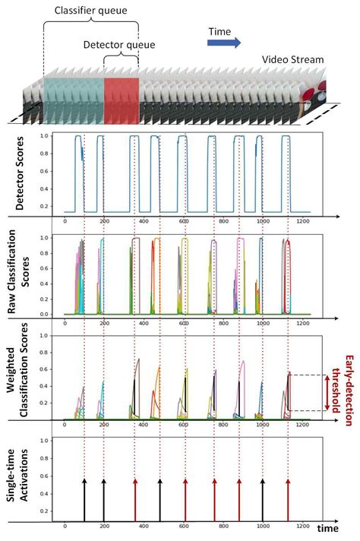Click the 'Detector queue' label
(119, 46)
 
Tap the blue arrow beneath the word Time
(225, 45)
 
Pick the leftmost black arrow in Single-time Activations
(84, 495)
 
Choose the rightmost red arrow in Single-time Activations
(288, 495)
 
